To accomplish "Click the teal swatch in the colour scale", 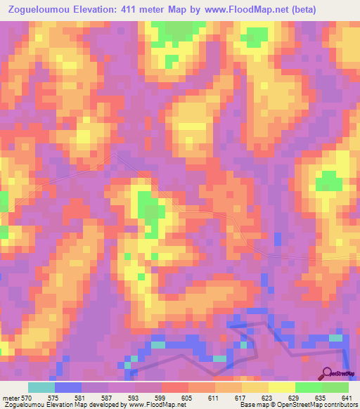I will click(x=41, y=388).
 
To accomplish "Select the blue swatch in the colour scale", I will click(x=67, y=388).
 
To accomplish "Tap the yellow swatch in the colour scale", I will click(x=281, y=388).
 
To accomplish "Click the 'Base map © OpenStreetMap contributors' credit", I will click(x=297, y=405).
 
